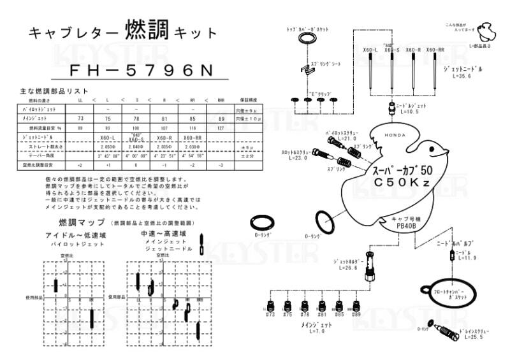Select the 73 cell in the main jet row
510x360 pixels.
point(80,119)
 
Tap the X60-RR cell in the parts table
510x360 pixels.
point(193,138)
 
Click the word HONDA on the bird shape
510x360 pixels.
point(394,134)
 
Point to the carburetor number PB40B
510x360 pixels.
point(406,225)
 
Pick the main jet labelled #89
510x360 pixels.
point(356,305)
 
